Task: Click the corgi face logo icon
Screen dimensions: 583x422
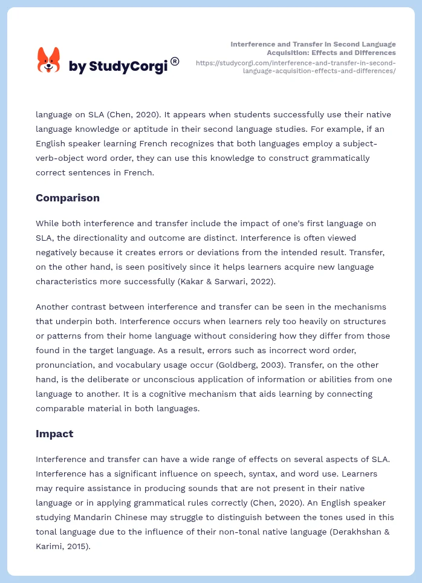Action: [48, 60]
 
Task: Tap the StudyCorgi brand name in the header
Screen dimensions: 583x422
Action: [118, 66]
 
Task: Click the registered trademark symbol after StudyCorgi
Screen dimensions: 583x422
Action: [175, 61]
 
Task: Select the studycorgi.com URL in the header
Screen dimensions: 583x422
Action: [296, 67]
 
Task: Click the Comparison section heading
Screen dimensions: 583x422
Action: [68, 198]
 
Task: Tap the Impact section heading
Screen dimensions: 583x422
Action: [54, 434]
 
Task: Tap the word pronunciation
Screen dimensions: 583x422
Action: [66, 365]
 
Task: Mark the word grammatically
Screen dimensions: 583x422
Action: [340, 158]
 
